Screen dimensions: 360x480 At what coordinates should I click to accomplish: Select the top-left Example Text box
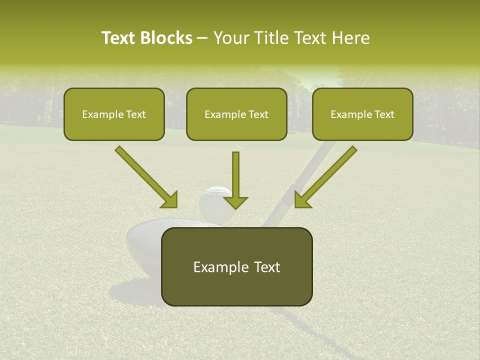[114, 114]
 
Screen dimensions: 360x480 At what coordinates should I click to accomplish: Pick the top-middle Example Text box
[236, 114]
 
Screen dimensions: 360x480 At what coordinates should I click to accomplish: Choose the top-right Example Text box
[362, 114]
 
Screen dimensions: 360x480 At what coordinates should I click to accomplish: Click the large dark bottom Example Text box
[236, 266]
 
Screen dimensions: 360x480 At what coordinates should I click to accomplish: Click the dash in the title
[203, 38]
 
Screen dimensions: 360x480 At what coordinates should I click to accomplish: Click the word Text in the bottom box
[264, 267]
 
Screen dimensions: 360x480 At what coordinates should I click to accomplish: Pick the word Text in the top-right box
[383, 114]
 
